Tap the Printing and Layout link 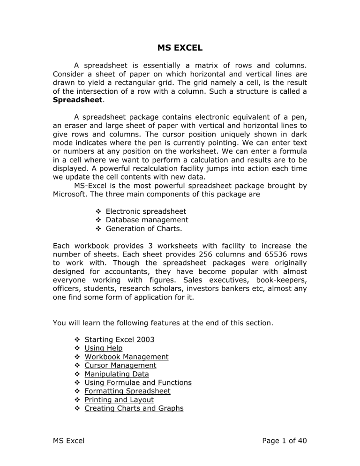119,400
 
